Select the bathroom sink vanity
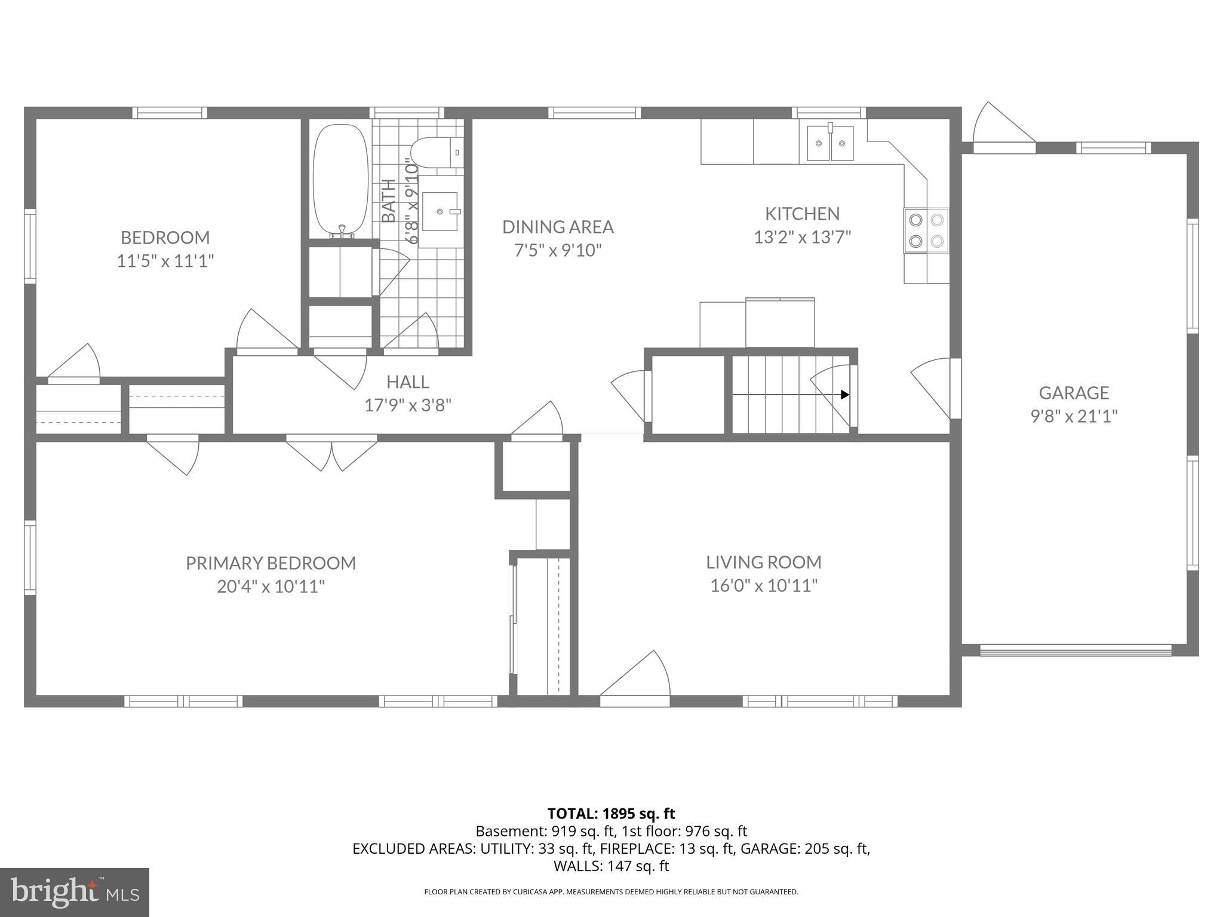[x=440, y=211]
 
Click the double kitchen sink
[x=829, y=143]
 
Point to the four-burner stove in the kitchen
[x=926, y=230]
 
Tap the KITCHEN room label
[x=802, y=214]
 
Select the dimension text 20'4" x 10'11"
[x=271, y=586]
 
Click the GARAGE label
[x=1074, y=393]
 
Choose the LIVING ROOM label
[x=763, y=562]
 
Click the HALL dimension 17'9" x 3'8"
[x=408, y=405]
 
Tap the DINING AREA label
[x=558, y=227]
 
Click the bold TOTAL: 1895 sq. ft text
[x=611, y=814]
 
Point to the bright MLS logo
[x=75, y=892]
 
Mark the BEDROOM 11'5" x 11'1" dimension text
[x=165, y=261]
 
